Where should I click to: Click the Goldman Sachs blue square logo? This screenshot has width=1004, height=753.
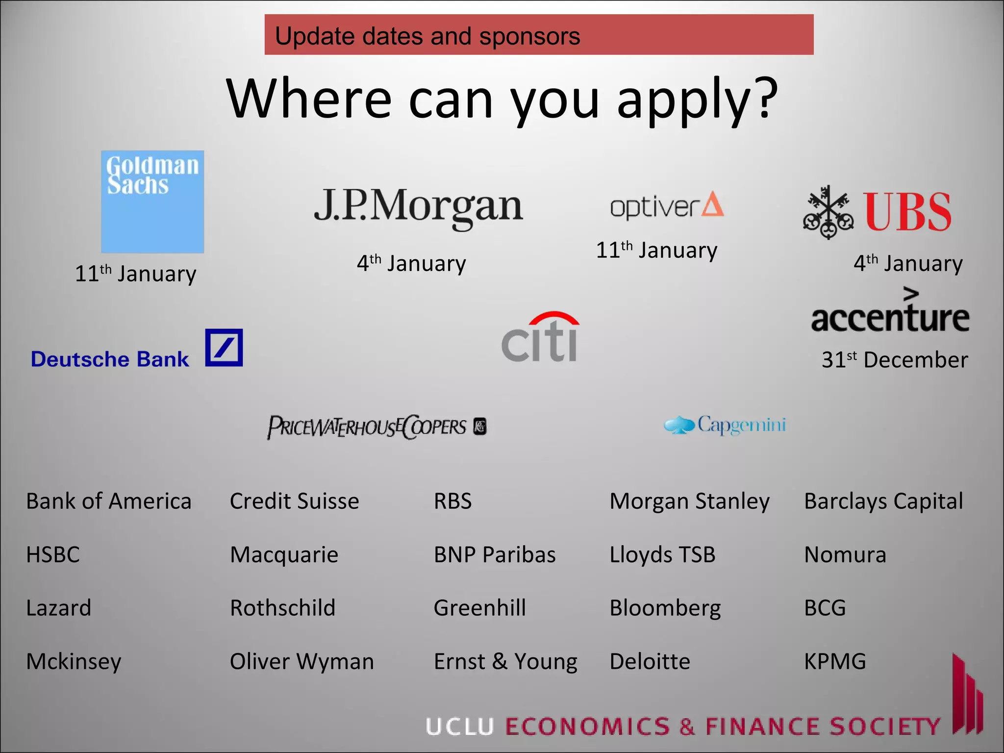[152, 201]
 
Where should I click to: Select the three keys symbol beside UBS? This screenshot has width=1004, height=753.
[828, 212]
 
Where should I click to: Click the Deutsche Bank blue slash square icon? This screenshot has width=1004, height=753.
[224, 348]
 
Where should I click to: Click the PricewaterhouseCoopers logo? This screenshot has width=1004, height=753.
[376, 427]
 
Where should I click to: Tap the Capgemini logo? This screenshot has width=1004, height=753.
[725, 425]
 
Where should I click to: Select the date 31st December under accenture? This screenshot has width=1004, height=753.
[895, 360]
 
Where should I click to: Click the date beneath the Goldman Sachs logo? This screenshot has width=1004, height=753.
[135, 274]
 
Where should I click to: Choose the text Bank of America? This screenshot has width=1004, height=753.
[108, 502]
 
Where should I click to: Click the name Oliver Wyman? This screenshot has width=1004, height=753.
[301, 661]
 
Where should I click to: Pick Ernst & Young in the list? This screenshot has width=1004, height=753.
[505, 661]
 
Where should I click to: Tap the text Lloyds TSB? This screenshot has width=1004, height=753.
[662, 555]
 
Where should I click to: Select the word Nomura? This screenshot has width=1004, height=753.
[845, 555]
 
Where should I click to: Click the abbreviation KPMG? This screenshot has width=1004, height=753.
[835, 661]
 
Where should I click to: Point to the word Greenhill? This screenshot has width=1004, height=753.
[479, 608]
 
